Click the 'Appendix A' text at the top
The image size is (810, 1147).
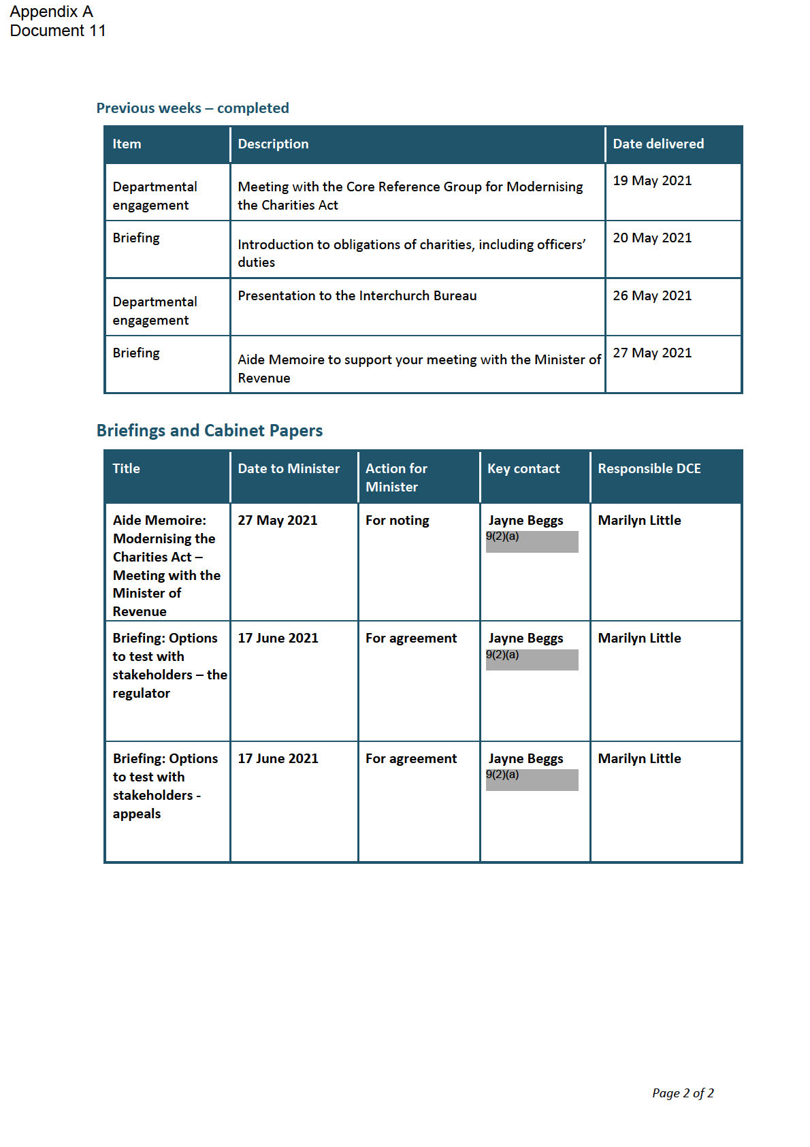[51, 12]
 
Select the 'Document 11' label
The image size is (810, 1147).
[58, 31]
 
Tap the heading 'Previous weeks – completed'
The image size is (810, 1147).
[193, 108]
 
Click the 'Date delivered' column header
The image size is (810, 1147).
[658, 144]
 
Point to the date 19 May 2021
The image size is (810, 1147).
[652, 180]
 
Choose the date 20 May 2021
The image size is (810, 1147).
[652, 238]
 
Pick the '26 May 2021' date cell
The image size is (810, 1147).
[652, 295]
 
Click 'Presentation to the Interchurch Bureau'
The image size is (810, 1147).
[357, 295]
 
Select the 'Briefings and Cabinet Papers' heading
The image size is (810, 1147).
[210, 430]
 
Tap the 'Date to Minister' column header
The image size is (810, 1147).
[289, 468]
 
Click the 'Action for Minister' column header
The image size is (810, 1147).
[397, 477]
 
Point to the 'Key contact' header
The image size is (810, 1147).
[523, 468]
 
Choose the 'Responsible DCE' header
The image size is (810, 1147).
[649, 468]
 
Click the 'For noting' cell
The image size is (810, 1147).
[398, 521]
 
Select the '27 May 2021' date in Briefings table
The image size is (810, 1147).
[278, 521]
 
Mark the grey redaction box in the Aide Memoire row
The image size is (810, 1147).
[532, 542]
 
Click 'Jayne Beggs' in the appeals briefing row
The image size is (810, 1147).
[525, 758]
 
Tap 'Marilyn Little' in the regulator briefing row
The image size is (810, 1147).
[639, 638]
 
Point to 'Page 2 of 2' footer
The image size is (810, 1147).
[683, 1093]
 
